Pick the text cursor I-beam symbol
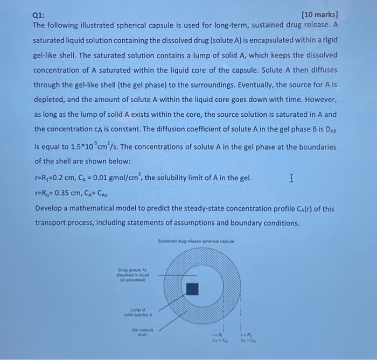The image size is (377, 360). tap(291, 177)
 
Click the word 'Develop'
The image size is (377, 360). tap(50, 208)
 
